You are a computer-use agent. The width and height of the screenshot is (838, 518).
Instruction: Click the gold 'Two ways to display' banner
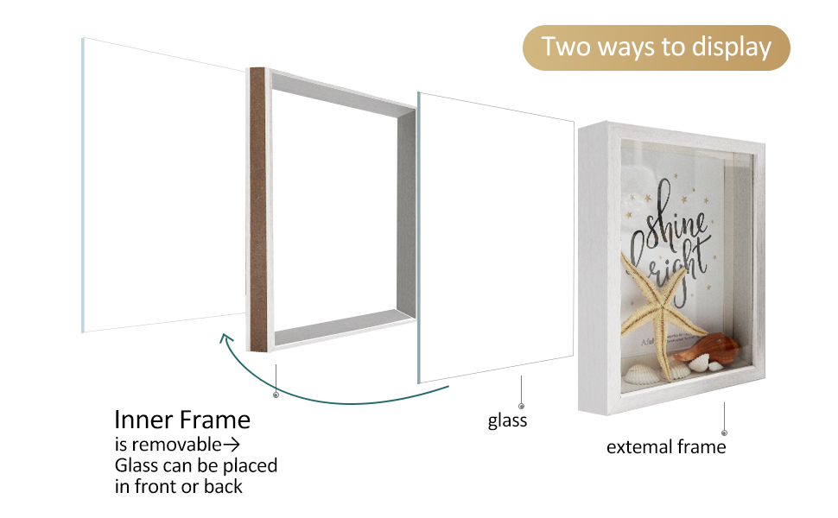(657, 47)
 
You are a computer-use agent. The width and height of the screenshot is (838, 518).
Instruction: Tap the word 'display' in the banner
(731, 47)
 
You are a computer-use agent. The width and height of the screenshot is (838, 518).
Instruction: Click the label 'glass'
(507, 420)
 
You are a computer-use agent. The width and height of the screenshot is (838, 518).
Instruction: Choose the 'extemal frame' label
(666, 447)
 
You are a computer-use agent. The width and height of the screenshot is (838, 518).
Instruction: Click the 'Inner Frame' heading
(182, 420)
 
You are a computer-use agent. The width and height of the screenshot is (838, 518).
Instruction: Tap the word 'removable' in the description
(176, 445)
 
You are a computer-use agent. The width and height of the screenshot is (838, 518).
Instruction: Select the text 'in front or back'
(179, 486)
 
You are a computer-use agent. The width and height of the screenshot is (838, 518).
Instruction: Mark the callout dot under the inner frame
(276, 395)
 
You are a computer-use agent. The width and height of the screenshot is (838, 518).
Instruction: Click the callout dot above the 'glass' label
(521, 405)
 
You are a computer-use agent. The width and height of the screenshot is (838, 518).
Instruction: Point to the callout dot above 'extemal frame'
(724, 432)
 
